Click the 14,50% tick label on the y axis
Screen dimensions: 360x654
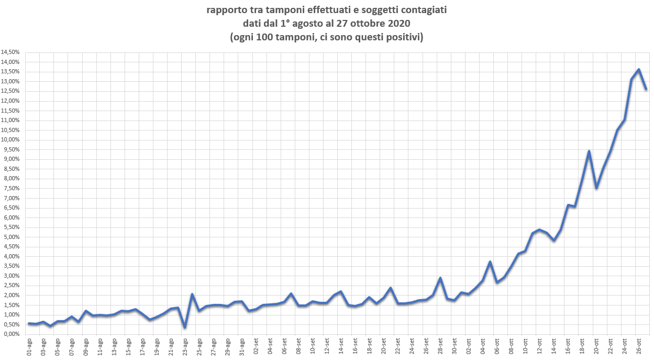click(10, 52)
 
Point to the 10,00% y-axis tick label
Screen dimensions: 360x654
click(10, 140)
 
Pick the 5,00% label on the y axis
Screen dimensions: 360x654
click(12, 237)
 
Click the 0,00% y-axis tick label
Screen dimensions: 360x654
click(12, 335)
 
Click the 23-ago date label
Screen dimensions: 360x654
click(185, 346)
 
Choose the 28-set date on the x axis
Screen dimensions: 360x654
click(440, 346)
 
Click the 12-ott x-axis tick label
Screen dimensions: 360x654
click(539, 346)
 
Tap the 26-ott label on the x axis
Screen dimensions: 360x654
click(638, 346)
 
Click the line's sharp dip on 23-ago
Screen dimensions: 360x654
click(185, 328)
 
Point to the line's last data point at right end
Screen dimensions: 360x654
click(646, 89)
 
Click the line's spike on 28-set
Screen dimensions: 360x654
click(440, 278)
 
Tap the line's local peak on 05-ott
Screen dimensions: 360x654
click(490, 262)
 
